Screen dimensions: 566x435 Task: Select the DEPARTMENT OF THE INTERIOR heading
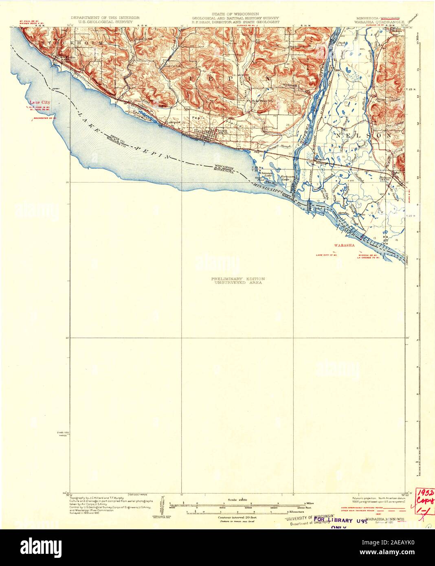point(105,18)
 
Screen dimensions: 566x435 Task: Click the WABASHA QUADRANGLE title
point(380,23)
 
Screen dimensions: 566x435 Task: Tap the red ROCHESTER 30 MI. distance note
point(39,118)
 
